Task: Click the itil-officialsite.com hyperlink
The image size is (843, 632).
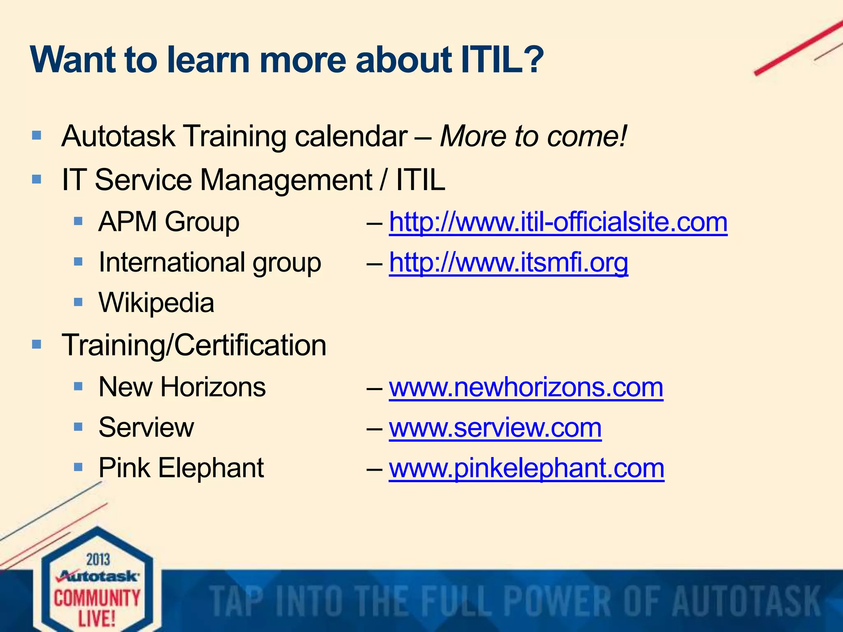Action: [x=558, y=222]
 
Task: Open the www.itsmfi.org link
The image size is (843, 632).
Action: [x=508, y=263]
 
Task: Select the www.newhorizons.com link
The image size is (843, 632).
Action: [x=526, y=388]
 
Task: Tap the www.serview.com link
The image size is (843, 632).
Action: [x=495, y=428]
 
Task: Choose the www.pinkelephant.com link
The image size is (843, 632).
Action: [x=526, y=468]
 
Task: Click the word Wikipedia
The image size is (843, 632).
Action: [x=156, y=303]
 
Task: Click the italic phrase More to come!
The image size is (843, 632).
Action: [x=533, y=136]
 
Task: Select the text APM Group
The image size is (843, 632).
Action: [x=169, y=222]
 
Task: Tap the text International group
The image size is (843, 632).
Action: [x=210, y=263]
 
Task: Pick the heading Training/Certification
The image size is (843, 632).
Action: [x=194, y=345]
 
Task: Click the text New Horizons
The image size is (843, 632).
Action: [x=182, y=388]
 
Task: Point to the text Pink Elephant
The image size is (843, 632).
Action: [x=181, y=468]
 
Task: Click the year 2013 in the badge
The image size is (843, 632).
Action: [x=98, y=560]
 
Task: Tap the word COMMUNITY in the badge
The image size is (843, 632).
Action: [x=97, y=598]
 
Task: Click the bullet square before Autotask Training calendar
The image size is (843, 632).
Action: [x=37, y=135]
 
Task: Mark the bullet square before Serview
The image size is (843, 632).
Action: [x=78, y=427]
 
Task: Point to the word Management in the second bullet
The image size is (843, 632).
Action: [x=286, y=180]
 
